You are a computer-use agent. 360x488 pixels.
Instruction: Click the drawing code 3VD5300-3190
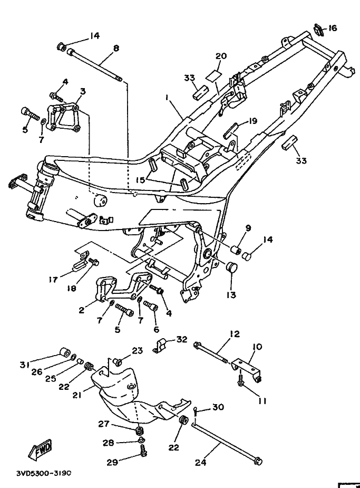[44, 473]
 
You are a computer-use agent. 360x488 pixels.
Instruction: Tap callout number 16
[332, 28]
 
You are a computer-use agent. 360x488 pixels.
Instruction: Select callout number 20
[221, 56]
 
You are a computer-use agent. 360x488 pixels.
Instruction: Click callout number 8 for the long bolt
[116, 49]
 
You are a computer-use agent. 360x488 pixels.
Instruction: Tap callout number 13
[231, 294]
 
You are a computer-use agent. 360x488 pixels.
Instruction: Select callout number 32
[182, 339]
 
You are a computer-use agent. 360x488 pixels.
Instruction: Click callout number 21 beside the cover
[77, 396]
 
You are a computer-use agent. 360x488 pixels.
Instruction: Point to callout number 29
[112, 462]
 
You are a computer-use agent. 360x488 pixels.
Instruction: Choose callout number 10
[257, 347]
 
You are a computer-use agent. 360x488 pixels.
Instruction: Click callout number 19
[253, 121]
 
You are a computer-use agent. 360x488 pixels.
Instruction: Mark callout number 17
[53, 280]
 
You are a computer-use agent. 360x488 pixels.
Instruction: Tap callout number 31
[25, 365]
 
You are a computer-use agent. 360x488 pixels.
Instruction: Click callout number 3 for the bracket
[83, 91]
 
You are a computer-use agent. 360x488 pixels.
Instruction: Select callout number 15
[141, 180]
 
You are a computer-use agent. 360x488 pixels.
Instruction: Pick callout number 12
[235, 334]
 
